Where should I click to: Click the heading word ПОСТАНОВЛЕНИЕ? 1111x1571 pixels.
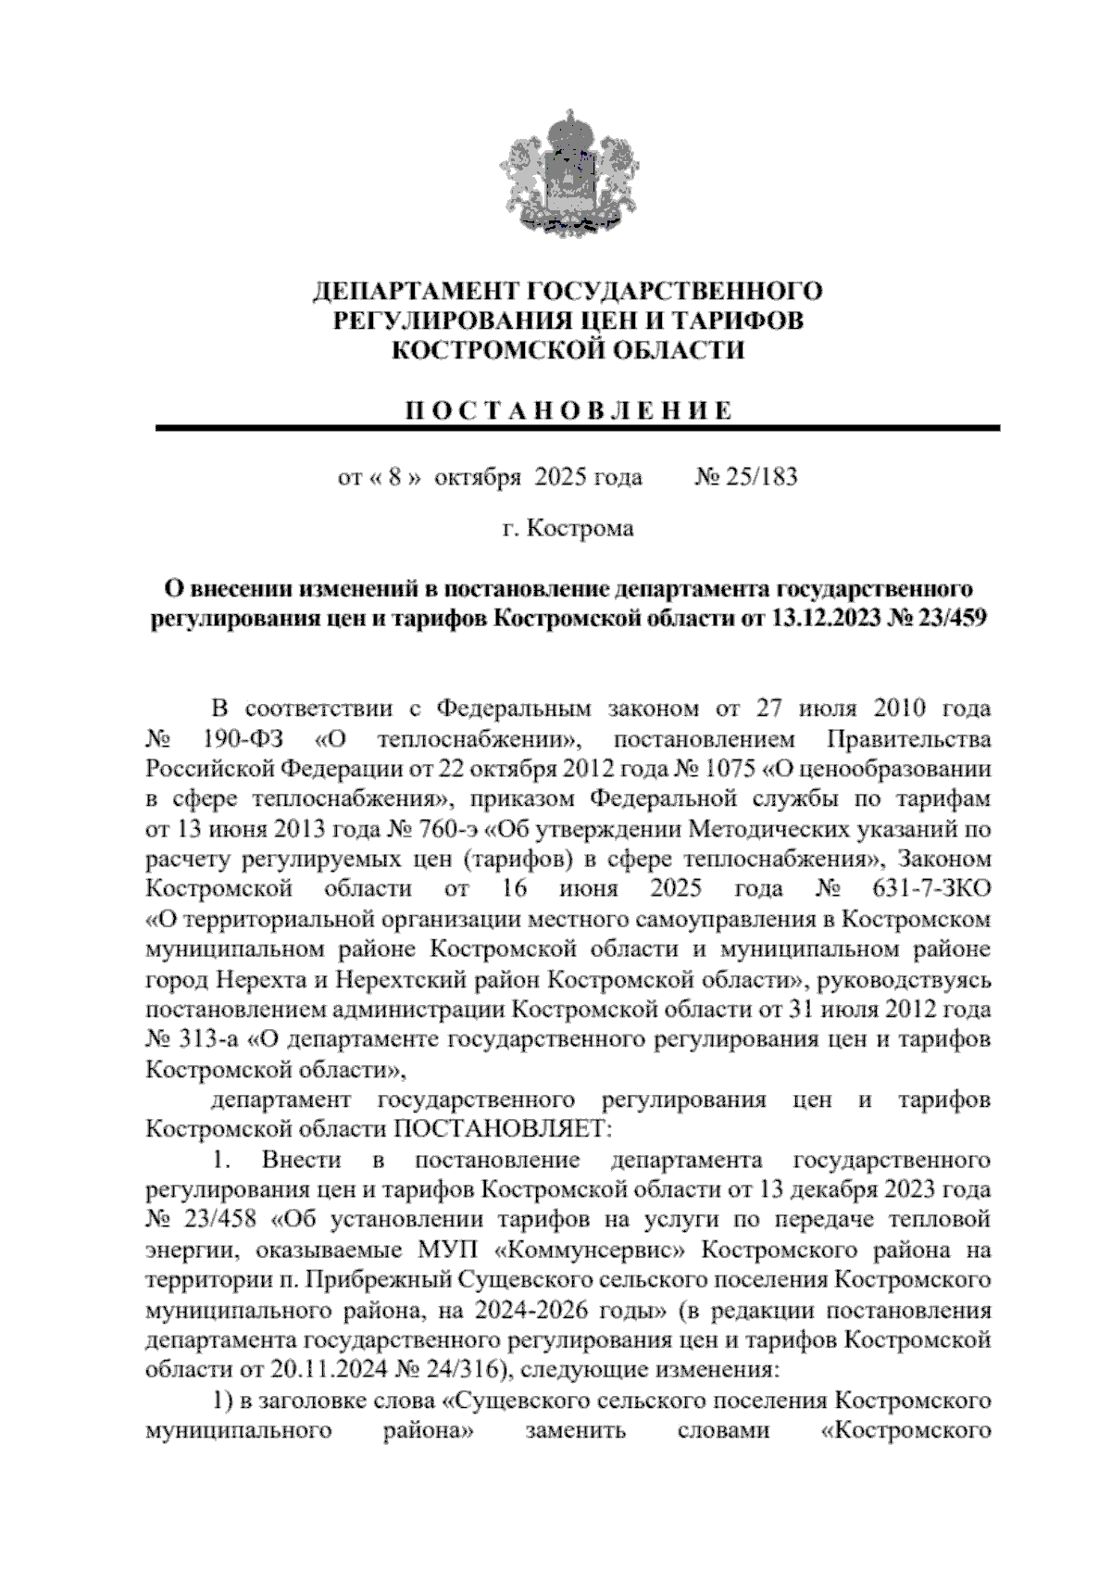tap(568, 410)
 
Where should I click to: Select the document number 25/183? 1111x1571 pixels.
tap(758, 478)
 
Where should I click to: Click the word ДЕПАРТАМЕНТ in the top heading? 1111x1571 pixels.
tap(416, 292)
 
